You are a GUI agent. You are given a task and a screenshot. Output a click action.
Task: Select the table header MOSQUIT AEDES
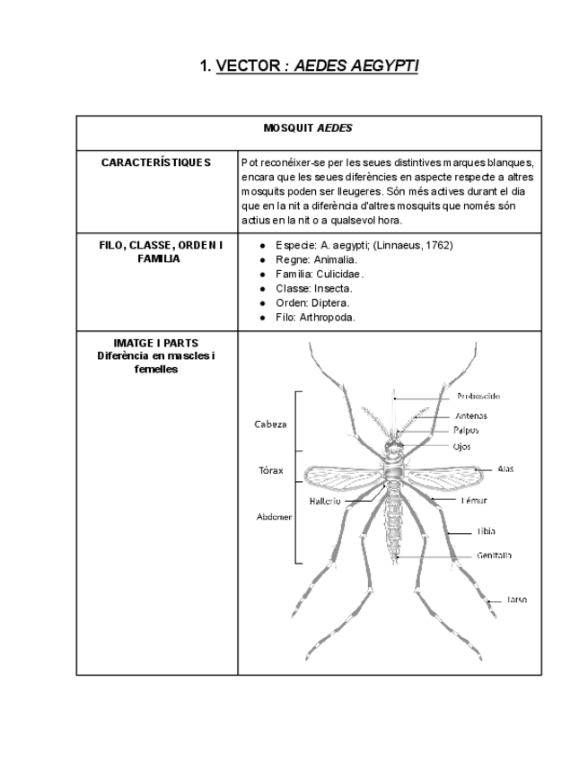[309, 128]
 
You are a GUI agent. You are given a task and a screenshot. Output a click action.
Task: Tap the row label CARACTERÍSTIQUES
[157, 163]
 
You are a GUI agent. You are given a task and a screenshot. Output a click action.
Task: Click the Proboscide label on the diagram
[479, 395]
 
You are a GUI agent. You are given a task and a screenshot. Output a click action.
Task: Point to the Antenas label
[471, 415]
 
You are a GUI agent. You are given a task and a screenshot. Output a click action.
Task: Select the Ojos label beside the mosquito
[462, 445]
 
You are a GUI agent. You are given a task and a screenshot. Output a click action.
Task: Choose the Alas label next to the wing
[505, 468]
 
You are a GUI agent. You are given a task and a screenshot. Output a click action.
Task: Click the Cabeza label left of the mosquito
[271, 424]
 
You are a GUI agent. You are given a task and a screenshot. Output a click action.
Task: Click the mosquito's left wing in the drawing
[341, 474]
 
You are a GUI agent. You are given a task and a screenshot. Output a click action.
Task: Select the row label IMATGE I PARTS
[157, 343]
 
